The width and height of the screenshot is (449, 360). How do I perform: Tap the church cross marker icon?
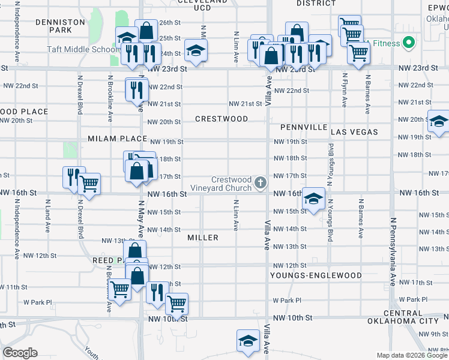point(261,182)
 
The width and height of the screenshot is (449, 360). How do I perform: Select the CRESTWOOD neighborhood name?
point(221,119)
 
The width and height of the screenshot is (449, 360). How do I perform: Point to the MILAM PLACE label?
point(117,139)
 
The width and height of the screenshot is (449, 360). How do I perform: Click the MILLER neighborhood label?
point(203,238)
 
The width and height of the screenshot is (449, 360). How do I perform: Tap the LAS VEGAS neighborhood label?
point(354,131)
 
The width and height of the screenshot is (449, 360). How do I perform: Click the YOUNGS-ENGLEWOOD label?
point(316,275)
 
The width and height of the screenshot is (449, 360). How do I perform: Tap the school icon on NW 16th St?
point(313,198)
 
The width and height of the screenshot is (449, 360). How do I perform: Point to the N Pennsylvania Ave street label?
point(393,252)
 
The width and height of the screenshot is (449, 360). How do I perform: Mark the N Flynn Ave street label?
point(345,90)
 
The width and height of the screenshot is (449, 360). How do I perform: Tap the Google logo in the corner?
point(19,353)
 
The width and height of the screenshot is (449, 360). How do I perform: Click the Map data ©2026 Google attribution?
point(411,355)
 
